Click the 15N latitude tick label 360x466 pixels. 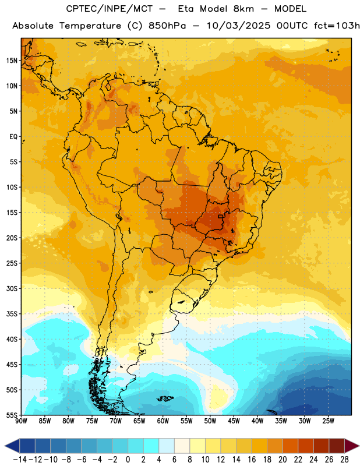click(12, 61)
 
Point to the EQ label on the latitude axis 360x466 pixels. click(13, 137)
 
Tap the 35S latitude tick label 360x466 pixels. click(12, 314)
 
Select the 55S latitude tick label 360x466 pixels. click(12, 415)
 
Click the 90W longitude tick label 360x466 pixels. click(21, 421)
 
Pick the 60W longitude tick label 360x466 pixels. click(163, 421)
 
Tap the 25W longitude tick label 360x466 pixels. click(328, 421)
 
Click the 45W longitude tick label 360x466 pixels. click(234, 421)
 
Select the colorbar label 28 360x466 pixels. click(344, 460)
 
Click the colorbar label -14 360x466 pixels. click(20, 460)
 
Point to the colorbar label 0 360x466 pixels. click(128, 460)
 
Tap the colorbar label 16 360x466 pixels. click(252, 460)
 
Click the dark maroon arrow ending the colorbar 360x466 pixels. click(351, 446)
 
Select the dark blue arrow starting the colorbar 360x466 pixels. click(12, 446)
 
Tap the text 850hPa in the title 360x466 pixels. click(167, 26)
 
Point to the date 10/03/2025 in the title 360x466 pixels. click(238, 26)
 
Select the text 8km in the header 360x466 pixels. click(243, 9)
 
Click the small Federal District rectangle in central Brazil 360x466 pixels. click(221, 216)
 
